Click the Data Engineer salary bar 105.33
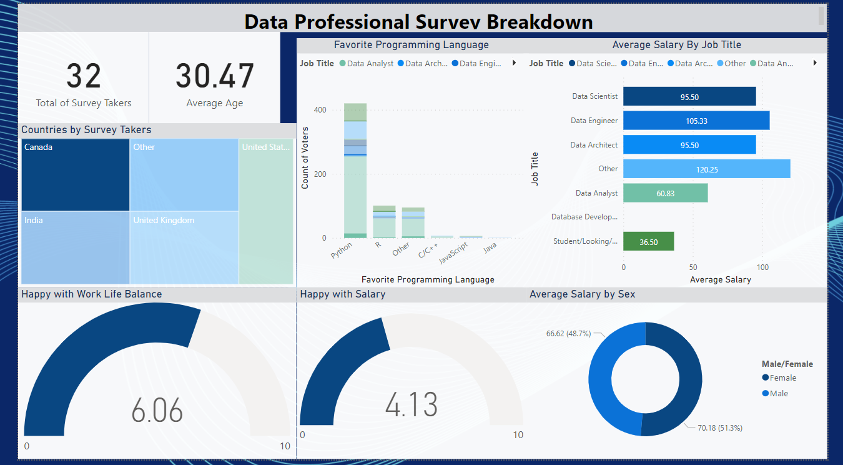tap(696, 121)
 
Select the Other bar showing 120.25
tap(706, 169)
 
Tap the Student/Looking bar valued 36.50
tap(648, 242)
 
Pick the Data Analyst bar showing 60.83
tap(665, 193)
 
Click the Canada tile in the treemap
tap(75, 175)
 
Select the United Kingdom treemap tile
tap(184, 248)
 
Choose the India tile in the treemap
tap(75, 248)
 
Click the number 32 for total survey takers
tap(84, 76)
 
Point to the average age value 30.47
tap(214, 76)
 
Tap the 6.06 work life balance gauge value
tap(157, 411)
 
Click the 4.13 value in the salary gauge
tap(411, 404)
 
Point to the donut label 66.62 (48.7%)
tap(568, 334)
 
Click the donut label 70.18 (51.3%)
tap(719, 427)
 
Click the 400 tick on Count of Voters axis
tap(320, 110)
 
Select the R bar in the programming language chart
tap(384, 222)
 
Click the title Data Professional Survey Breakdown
tap(418, 22)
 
